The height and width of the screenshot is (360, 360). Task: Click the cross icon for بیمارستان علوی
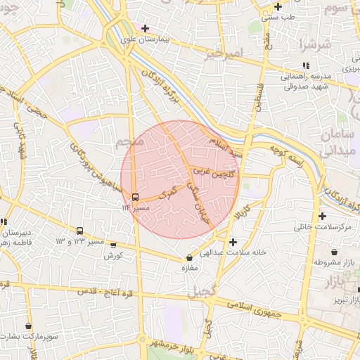point(145,29)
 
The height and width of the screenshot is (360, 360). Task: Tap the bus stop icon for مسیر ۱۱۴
point(135,196)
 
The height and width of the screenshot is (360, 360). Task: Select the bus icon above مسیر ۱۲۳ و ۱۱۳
point(79,230)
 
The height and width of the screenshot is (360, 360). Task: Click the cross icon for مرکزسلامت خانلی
point(323,216)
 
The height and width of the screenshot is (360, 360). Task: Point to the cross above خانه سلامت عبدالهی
point(233,242)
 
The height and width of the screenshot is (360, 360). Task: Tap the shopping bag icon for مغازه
point(188,257)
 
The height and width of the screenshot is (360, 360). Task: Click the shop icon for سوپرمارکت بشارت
point(28,326)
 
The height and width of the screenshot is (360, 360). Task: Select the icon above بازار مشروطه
point(333,252)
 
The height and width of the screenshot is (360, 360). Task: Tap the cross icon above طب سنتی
point(278,6)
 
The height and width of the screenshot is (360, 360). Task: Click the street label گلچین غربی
point(217,170)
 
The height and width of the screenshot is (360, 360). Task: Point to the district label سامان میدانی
point(340,141)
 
